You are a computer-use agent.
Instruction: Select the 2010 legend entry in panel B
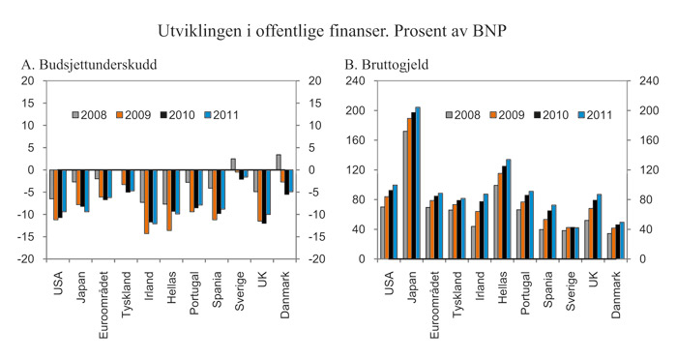550,115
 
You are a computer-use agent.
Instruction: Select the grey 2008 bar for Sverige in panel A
233,164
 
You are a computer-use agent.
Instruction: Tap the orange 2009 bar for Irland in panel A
147,201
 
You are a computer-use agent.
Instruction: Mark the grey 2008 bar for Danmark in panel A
279,162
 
